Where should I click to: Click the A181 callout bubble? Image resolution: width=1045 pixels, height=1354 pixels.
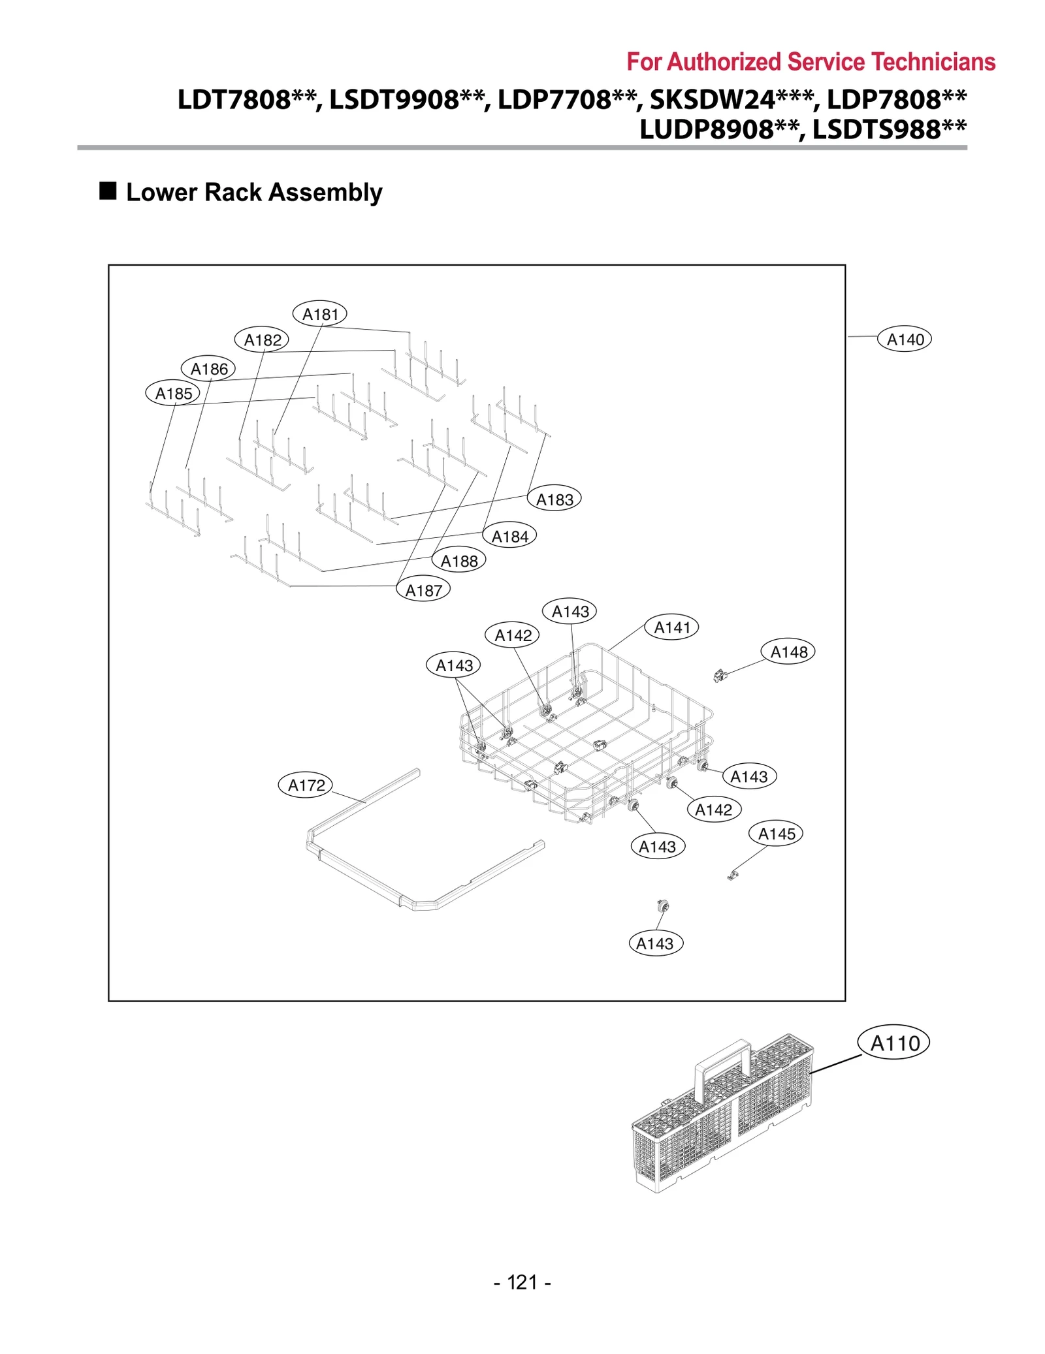click(x=319, y=314)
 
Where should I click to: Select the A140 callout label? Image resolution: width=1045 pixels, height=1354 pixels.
click(x=904, y=339)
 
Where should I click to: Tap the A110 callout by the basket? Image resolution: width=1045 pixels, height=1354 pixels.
click(x=893, y=1043)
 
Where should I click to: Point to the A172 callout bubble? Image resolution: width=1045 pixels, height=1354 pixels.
click(x=306, y=785)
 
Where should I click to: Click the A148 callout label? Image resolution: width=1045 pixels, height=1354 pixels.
click(x=788, y=652)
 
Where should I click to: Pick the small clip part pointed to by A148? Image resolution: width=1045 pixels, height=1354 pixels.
click(x=720, y=676)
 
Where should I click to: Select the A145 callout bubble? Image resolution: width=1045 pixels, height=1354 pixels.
click(x=776, y=834)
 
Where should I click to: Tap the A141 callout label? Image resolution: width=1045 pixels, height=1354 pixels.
click(x=671, y=627)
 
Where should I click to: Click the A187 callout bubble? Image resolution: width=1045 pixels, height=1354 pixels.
click(x=423, y=590)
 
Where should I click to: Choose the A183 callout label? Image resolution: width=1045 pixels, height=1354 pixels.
click(x=554, y=499)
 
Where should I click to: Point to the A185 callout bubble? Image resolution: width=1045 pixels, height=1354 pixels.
click(x=173, y=394)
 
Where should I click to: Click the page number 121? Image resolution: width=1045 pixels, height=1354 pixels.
click(x=522, y=1282)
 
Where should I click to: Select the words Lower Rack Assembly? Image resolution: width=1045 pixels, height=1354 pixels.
click(x=254, y=193)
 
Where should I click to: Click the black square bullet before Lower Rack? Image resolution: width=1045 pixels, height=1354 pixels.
click(x=108, y=191)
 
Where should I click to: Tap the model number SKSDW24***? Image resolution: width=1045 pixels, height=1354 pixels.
click(x=732, y=100)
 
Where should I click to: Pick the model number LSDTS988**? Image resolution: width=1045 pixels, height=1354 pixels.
click(x=889, y=129)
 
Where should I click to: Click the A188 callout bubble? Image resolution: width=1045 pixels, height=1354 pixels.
click(x=458, y=561)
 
